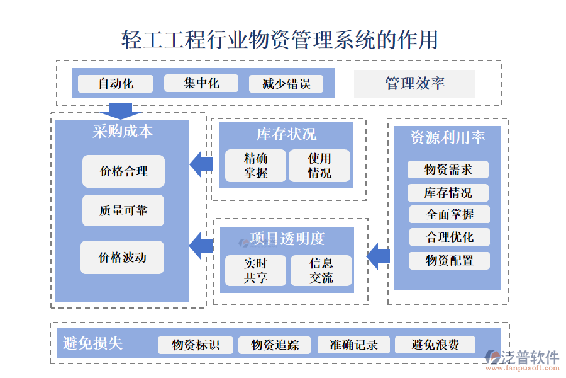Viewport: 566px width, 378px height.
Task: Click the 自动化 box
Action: click(115, 84)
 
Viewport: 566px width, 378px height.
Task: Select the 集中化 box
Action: click(201, 84)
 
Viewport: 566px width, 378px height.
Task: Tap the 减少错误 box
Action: click(286, 84)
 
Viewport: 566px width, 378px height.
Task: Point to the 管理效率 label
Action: click(414, 84)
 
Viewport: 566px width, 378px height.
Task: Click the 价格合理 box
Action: click(123, 171)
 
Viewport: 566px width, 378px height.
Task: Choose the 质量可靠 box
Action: click(123, 210)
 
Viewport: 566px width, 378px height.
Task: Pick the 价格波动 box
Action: click(122, 257)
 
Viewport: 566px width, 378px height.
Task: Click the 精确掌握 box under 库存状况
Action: click(255, 166)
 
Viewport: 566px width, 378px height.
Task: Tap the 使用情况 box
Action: click(319, 166)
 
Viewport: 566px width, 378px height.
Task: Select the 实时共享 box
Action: click(255, 270)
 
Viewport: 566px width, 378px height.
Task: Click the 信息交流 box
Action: click(321, 270)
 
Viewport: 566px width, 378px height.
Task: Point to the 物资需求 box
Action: click(448, 169)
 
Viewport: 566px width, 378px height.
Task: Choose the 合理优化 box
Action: click(449, 238)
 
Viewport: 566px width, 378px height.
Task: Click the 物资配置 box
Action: click(449, 260)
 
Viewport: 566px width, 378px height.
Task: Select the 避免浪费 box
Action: click(435, 345)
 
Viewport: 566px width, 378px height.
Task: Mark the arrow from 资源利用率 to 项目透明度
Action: click(379, 256)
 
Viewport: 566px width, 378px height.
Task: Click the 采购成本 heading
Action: click(123, 132)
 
